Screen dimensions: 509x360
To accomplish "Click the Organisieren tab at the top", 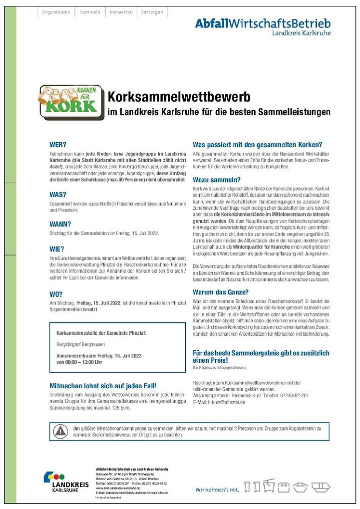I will pyautogui.click(x=55, y=11).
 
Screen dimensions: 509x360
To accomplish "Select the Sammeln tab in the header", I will pyautogui.click(x=90, y=11).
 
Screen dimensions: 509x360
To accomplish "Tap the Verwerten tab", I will pyautogui.click(x=121, y=11).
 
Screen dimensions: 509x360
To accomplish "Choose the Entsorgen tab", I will pyautogui.click(x=152, y=11).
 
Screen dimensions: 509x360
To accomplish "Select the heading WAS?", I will pyautogui.click(x=58, y=195).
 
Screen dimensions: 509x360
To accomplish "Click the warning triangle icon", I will pyautogui.click(x=60, y=431).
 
